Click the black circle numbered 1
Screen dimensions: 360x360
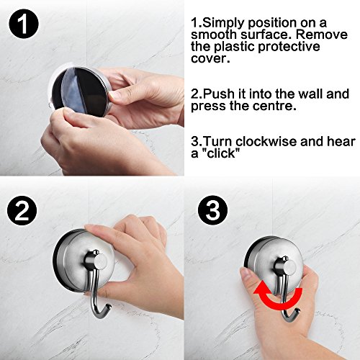[x=24, y=24]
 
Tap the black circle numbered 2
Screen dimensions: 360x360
[x=22, y=210]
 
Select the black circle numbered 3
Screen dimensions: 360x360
[x=212, y=210]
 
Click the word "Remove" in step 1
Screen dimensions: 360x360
[x=322, y=35]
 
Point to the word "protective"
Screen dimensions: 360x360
[x=289, y=47]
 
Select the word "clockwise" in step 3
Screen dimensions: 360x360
[x=266, y=141]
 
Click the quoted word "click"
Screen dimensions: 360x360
[x=221, y=153]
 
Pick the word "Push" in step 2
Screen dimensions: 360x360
[x=219, y=94]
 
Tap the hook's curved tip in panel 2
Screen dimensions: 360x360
[x=109, y=307]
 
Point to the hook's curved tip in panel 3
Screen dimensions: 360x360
[x=298, y=311]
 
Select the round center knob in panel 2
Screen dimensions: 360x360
[x=101, y=261]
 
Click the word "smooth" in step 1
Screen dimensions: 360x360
[x=214, y=35]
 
